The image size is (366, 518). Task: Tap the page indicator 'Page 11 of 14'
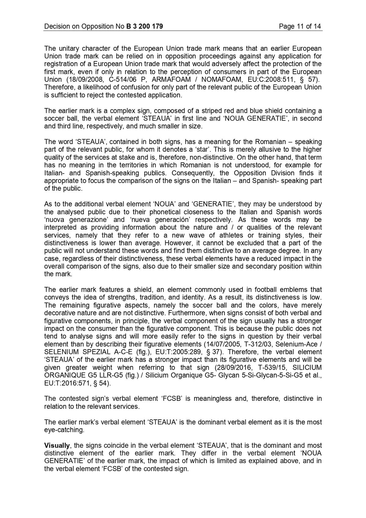click(300, 27)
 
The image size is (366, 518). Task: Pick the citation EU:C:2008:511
click(274, 80)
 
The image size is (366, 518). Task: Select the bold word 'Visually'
click(57, 445)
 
